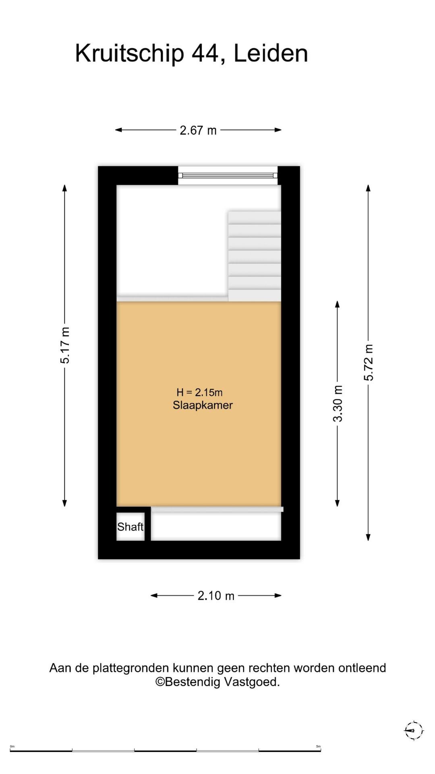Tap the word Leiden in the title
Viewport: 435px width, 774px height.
(271, 53)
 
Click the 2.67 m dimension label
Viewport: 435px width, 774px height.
(198, 130)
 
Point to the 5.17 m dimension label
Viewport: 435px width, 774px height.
(65, 345)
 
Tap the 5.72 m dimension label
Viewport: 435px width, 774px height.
(369, 362)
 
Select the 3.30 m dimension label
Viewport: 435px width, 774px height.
(338, 404)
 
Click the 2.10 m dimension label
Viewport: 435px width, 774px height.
(216, 595)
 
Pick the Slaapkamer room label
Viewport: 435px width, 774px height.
(203, 405)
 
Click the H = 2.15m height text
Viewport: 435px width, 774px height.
(199, 392)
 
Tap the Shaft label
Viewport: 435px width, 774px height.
(130, 526)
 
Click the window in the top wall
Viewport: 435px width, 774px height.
(228, 175)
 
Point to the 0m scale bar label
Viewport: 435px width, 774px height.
(12, 746)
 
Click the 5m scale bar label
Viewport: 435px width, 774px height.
(318, 746)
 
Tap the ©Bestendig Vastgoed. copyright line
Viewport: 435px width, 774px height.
(217, 682)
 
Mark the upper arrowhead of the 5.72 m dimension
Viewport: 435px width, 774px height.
(368, 188)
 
